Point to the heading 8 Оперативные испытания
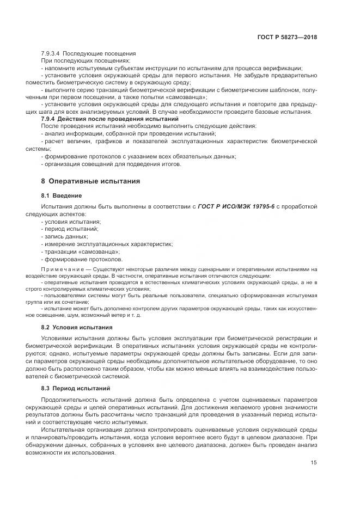coord(90,181)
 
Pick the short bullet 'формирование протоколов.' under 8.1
coord(83,260)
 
